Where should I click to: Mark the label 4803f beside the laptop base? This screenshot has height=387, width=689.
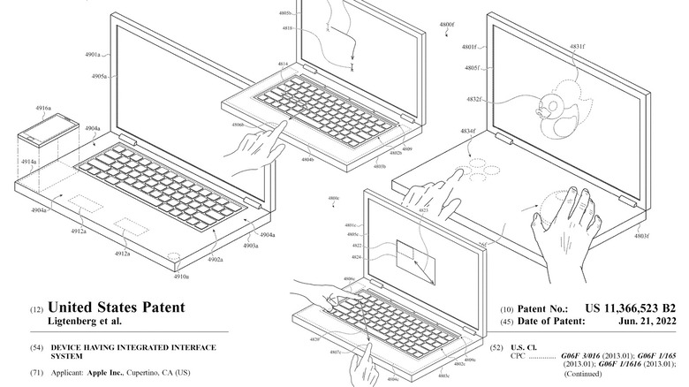(641, 236)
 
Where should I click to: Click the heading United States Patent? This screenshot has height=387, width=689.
(117, 307)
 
